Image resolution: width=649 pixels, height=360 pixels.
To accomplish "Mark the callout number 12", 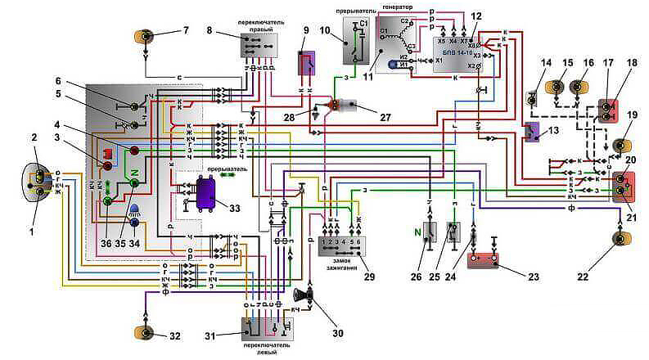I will point(476,16).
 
